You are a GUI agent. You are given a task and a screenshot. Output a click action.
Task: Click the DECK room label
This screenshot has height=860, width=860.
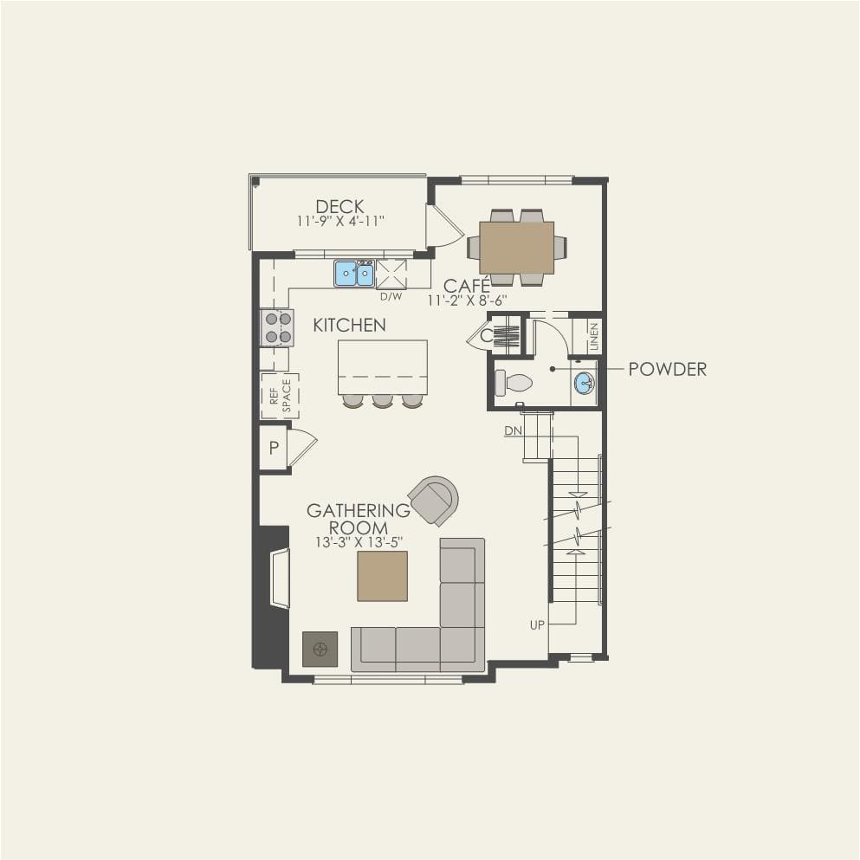coord(339,206)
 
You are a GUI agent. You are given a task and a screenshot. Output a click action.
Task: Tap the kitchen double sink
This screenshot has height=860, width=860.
coord(354,274)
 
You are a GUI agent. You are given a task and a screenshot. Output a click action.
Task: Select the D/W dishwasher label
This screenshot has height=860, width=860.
coord(391,297)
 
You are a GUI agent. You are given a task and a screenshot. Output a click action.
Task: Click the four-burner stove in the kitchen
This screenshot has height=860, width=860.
coord(277,328)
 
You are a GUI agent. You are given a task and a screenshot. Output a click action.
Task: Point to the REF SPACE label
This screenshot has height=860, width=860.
coord(281,396)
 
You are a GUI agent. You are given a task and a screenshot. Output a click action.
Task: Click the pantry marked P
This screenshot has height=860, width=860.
coord(275,448)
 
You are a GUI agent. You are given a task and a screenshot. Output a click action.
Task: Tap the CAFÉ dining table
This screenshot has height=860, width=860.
coord(517,248)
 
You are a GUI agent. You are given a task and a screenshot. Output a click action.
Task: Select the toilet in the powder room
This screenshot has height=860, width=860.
coord(514,383)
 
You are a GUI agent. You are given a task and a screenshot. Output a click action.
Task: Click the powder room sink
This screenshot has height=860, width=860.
coord(585,382)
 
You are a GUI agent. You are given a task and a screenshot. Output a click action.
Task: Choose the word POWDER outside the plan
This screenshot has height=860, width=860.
coord(668,369)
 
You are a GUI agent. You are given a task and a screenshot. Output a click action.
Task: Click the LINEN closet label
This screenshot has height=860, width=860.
coord(594,336)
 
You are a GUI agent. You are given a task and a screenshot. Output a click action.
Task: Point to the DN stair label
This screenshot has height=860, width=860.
coord(514,431)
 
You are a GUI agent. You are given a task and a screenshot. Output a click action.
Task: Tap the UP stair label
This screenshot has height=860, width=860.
coord(537,624)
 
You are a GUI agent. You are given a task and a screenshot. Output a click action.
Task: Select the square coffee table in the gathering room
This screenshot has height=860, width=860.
coord(382,576)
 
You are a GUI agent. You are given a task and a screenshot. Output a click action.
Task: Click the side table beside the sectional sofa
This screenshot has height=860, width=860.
coord(320,650)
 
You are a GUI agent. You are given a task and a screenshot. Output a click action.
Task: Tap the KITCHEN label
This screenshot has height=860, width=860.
coord(349,326)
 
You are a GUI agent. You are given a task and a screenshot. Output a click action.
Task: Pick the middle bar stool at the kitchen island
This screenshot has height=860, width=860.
coord(382,401)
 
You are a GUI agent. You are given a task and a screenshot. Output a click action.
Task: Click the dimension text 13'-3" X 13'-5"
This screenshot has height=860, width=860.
coord(359,542)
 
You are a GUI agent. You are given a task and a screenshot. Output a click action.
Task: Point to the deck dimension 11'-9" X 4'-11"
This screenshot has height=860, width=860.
coord(340,221)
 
